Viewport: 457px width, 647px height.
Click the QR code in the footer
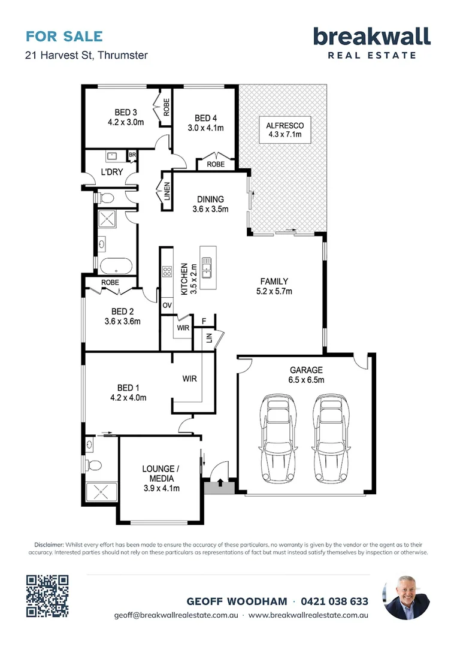47,596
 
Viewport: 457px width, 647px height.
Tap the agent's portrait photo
406,597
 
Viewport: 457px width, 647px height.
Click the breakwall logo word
372,37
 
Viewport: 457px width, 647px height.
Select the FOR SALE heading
64,37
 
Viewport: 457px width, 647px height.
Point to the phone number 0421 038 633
334,601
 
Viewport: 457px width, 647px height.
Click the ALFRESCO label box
285,129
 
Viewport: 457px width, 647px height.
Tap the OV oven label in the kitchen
167,306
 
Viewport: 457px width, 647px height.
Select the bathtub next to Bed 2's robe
116,266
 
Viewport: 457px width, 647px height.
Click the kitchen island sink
206,267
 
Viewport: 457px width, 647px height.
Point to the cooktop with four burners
167,271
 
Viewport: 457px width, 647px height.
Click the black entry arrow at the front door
220,482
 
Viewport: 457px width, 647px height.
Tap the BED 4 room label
206,118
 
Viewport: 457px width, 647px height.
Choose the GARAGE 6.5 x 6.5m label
306,374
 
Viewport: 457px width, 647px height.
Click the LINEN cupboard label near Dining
167,192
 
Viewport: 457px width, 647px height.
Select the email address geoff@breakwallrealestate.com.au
176,615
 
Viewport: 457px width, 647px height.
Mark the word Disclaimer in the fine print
49,545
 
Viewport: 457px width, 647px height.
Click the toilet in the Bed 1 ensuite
93,465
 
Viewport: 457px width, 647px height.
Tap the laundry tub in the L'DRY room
112,156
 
